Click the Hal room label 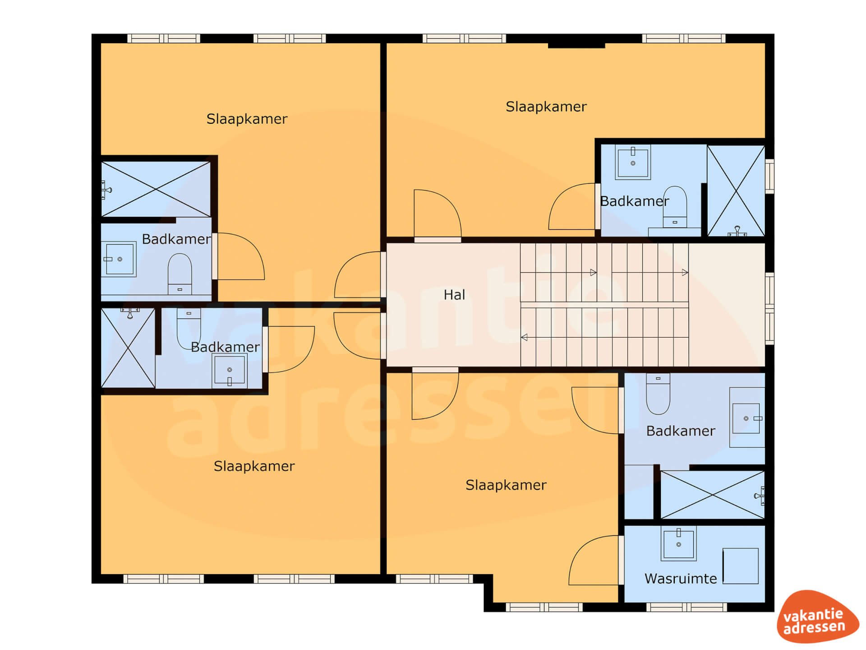point(454,295)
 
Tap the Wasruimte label point(681,578)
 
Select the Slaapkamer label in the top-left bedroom point(247,119)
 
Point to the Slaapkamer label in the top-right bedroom point(546,107)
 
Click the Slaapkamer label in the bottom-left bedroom point(254,466)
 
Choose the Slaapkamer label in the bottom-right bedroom point(506,485)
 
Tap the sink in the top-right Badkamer point(633,162)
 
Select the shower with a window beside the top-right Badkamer point(736,190)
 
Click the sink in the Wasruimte point(678,543)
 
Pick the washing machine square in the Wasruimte point(741,566)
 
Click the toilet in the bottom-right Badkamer point(658,394)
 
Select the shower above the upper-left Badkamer point(156,189)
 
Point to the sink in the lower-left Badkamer point(230,371)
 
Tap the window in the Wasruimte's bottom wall point(686,608)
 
